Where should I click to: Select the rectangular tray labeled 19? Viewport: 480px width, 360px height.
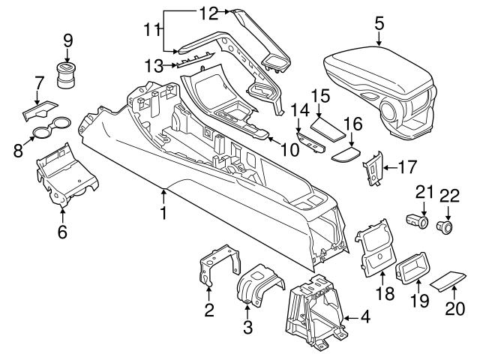pyautogui.click(x=412, y=268)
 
